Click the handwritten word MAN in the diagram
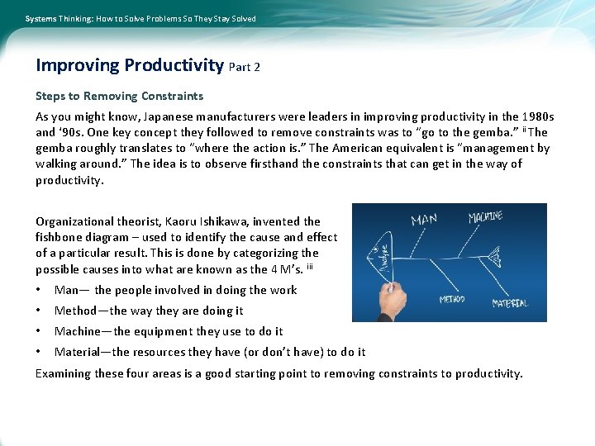coord(424,220)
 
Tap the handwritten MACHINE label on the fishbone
coord(485,216)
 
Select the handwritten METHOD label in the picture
coord(451,299)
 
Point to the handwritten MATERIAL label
coord(510,303)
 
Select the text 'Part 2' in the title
coord(244,67)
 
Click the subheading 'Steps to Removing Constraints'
coord(119,96)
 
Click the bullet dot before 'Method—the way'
coord(39,311)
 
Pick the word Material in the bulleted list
coord(79,352)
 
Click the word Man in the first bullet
coord(66,290)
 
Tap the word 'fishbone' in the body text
coord(59,237)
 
